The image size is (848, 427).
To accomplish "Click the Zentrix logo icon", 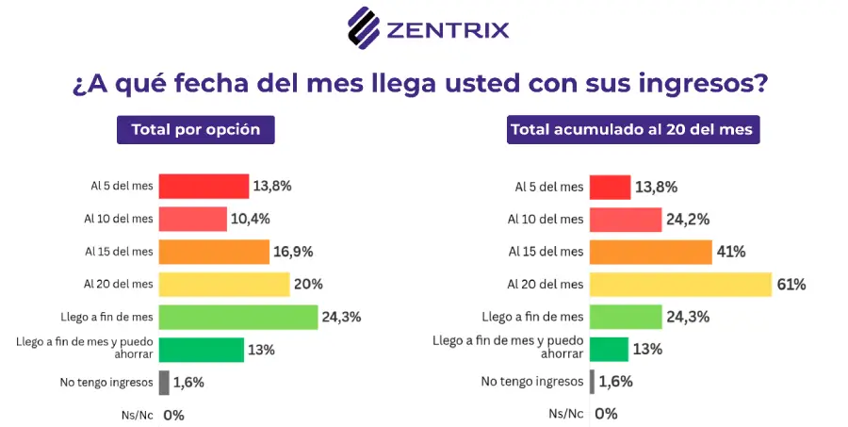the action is tap(364, 27).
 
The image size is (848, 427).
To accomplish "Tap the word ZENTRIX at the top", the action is tap(448, 30).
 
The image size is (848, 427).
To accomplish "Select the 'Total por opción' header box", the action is tap(196, 130).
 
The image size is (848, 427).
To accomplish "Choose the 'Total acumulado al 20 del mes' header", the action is tap(633, 130).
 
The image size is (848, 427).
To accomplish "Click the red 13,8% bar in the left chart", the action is tap(204, 187).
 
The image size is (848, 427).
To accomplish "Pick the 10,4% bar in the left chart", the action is tap(192, 220).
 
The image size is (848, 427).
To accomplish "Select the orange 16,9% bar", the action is tap(214, 252).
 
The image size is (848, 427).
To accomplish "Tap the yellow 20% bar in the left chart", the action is tap(224, 284).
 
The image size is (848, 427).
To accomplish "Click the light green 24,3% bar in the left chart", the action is tap(238, 317).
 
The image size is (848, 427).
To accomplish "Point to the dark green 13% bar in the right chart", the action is tap(609, 349).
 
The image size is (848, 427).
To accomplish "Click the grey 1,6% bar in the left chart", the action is tap(164, 383).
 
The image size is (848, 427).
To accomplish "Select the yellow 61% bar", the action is tap(680, 284).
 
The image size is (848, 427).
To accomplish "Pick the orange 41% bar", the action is tap(650, 252).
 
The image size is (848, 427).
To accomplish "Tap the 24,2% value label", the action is tap(688, 220).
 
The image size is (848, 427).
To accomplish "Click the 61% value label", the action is tap(791, 284).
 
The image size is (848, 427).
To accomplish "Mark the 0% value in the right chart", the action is tap(606, 414).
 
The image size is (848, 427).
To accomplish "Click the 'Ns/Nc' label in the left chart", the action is tap(138, 416).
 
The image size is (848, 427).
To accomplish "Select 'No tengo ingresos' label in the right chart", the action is tap(532, 382).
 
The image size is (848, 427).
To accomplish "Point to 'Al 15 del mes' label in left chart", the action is tap(119, 252).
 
